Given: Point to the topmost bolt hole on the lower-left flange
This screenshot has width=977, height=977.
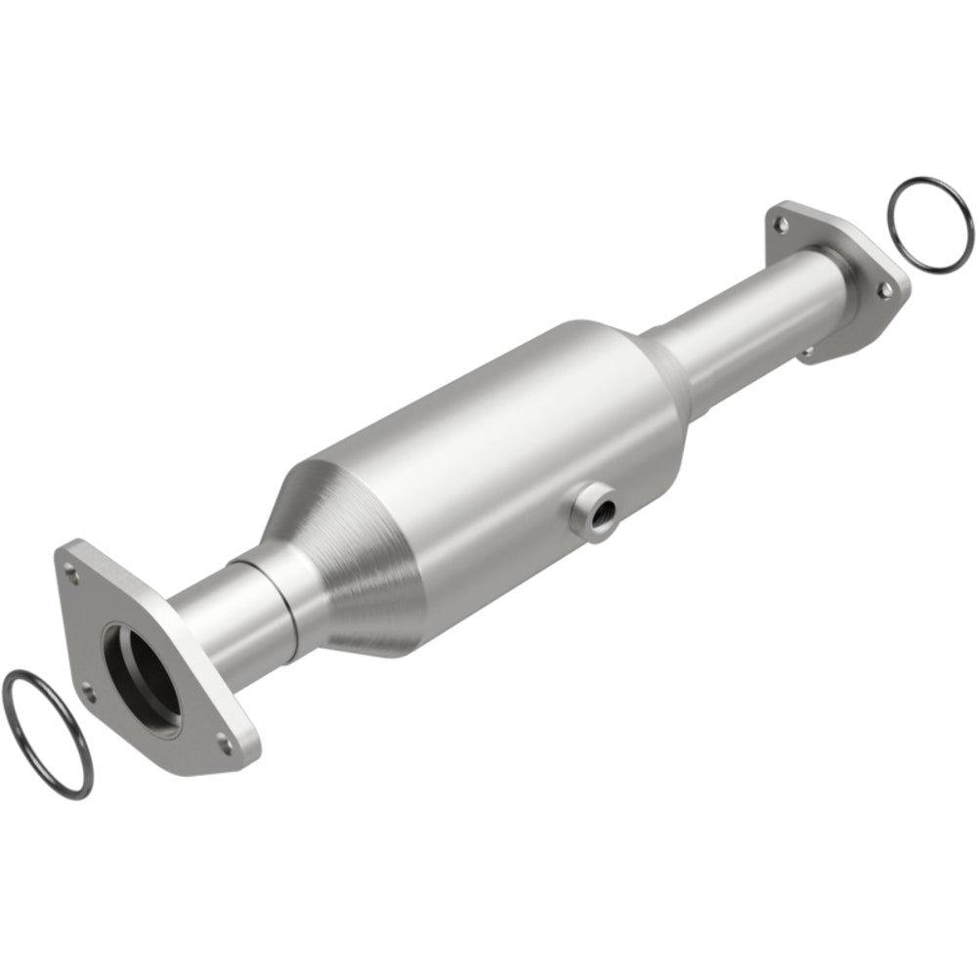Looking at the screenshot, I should point(69,562).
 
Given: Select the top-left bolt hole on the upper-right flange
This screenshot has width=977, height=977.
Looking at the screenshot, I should point(781,225).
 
